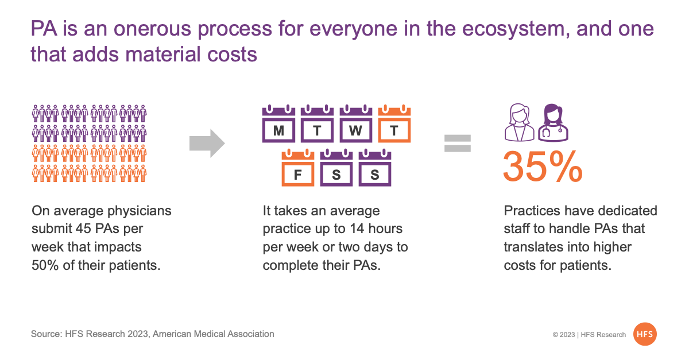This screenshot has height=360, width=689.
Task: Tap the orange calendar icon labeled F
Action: pos(298,168)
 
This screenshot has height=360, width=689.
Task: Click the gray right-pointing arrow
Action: pos(207,144)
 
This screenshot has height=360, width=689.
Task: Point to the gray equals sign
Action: pos(458,144)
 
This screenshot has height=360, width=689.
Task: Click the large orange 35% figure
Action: pos(543,167)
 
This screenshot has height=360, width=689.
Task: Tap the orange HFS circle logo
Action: pos(645,334)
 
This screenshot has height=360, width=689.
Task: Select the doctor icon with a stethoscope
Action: pos(553,123)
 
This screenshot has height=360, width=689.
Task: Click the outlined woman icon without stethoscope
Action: pos(520,123)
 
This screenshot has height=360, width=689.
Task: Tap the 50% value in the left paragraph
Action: pos(45,265)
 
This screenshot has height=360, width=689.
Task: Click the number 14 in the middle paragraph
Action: pos(357,229)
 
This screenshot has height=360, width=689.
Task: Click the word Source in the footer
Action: pos(47,334)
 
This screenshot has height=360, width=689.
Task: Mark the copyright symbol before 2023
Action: pos(555,335)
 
